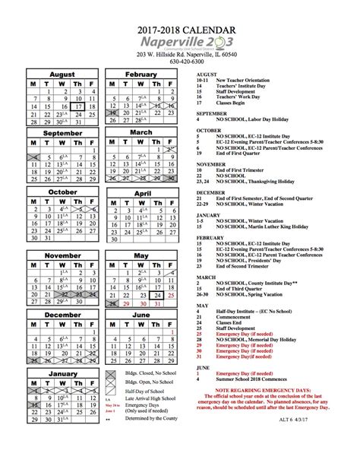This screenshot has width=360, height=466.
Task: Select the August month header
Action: tap(62, 74)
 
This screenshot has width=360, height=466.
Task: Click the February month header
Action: tap(141, 74)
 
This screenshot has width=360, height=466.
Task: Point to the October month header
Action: tap(62, 192)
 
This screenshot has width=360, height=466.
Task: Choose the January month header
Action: tap(62, 374)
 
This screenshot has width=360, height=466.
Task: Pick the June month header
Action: tap(141, 314)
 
